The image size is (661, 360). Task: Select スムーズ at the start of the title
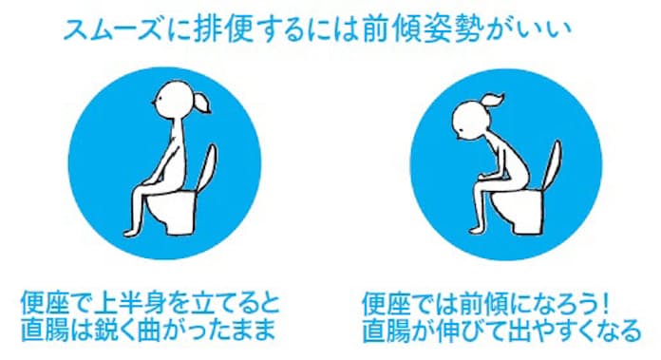tap(113, 30)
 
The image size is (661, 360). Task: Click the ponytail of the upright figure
tap(201, 104)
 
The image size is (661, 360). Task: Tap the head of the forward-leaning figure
tap(471, 120)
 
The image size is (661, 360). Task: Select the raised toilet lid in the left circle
tap(207, 168)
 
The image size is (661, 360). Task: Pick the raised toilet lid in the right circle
tap(552, 164)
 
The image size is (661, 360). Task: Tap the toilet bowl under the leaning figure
tap(517, 210)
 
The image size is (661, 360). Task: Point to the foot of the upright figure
tap(131, 233)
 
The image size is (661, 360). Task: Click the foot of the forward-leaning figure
tap(476, 230)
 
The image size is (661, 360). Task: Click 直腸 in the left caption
tap(45, 330)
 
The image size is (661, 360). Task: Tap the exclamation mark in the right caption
tap(605, 304)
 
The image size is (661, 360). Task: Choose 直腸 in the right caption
tap(387, 330)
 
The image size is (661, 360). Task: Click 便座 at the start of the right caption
tap(387, 304)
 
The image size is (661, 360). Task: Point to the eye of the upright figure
tap(158, 100)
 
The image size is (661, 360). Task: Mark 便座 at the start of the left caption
tap(45, 304)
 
